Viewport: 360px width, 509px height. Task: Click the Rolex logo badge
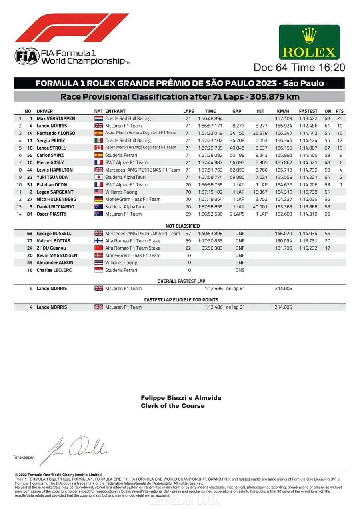(309, 42)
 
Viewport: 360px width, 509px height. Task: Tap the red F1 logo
(72, 28)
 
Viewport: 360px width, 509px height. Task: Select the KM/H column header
(283, 111)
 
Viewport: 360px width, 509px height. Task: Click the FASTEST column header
(308, 111)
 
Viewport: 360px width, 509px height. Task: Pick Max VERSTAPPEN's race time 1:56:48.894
(210, 118)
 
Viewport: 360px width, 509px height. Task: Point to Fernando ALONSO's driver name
(56, 133)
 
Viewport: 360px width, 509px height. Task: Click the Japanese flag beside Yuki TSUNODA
(99, 177)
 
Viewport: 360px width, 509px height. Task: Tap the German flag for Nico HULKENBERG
(99, 199)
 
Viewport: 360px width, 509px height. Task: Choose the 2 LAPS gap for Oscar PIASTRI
(237, 214)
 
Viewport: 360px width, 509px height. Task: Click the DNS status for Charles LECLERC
(240, 270)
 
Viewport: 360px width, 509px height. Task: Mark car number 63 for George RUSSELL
(30, 234)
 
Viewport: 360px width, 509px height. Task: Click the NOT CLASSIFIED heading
(182, 226)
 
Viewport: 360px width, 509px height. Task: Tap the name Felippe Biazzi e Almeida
(181, 398)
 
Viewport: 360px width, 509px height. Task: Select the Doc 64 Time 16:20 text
(299, 68)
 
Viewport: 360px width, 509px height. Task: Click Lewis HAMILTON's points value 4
(341, 170)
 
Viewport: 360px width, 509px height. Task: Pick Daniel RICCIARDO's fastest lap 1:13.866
(308, 207)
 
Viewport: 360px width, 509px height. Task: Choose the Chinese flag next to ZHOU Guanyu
(99, 248)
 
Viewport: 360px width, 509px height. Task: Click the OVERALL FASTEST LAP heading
(181, 281)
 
